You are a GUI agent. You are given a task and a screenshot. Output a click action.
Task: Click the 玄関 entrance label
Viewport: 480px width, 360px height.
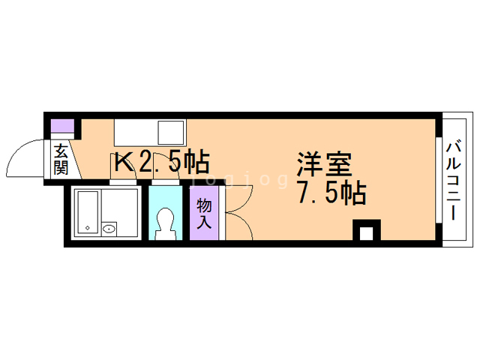(61, 160)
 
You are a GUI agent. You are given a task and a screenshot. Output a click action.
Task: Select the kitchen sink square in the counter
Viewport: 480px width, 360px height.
(170, 133)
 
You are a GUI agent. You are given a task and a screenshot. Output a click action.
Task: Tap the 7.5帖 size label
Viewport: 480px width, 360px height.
(331, 194)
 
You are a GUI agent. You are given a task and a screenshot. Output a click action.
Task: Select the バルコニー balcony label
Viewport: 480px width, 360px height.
(455, 179)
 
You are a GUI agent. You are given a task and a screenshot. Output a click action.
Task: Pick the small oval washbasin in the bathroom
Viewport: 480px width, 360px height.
(109, 228)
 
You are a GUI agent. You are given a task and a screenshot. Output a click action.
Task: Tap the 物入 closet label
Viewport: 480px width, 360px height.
(205, 213)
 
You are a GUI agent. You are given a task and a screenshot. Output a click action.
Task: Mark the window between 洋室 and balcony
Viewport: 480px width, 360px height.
(437, 180)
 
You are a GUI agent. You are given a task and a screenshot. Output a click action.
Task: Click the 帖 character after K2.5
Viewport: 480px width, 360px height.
(196, 161)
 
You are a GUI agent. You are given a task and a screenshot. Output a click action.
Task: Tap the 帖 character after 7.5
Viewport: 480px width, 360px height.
(352, 194)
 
